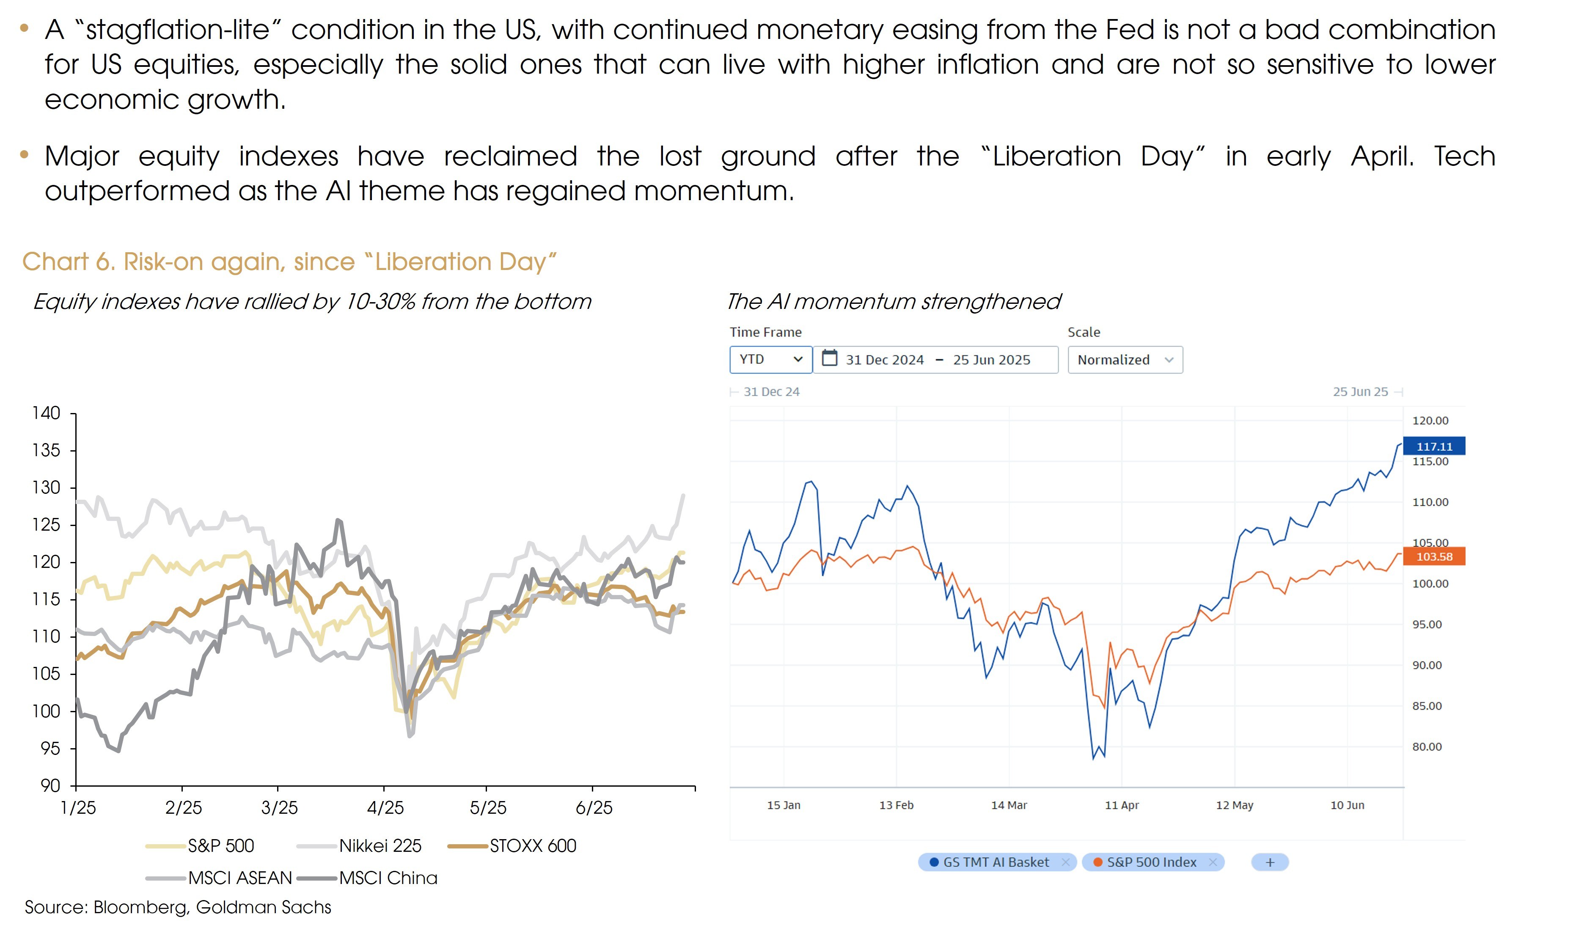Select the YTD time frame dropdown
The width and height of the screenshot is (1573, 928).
(x=770, y=360)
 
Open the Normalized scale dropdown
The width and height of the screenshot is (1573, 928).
(x=1124, y=360)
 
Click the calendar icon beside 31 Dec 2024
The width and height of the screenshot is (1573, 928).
(x=829, y=358)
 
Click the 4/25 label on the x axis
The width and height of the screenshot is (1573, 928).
(x=385, y=808)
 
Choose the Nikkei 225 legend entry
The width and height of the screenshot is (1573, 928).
(x=380, y=846)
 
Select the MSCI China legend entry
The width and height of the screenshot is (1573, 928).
(x=388, y=878)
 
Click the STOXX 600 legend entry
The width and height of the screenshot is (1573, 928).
(x=533, y=846)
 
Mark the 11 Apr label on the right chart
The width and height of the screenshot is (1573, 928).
(x=1122, y=805)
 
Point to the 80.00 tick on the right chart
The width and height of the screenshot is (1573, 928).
(x=1427, y=746)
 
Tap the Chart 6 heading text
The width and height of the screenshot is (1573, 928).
(x=289, y=262)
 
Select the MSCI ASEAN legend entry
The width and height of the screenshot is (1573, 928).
(x=240, y=878)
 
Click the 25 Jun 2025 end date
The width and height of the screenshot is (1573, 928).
(x=992, y=360)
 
